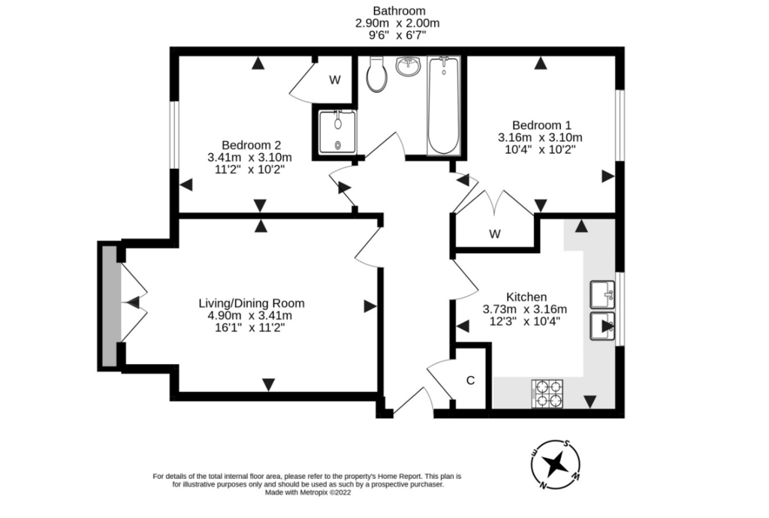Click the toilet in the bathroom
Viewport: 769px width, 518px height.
tap(377, 74)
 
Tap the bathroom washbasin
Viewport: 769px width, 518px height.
tap(408, 67)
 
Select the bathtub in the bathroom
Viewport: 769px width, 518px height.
tap(444, 105)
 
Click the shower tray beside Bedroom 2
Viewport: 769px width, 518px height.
tap(338, 132)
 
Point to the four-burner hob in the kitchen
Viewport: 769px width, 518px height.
tap(547, 393)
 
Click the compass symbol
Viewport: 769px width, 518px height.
tap(556, 464)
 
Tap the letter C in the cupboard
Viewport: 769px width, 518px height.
tap(470, 381)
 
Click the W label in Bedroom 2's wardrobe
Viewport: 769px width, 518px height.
tap(335, 80)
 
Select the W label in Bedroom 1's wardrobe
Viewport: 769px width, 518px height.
tap(495, 233)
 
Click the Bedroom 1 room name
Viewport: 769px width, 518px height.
tap(541, 125)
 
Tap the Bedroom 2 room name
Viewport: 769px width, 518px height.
tap(251, 145)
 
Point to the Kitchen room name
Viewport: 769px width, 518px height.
tap(526, 297)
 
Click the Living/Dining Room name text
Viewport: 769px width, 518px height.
tap(252, 303)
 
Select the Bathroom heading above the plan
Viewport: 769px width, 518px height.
tap(400, 11)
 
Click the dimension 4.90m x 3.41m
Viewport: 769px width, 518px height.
tap(249, 315)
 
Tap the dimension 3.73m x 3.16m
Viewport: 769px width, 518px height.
tap(525, 309)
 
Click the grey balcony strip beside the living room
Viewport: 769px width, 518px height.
tap(110, 306)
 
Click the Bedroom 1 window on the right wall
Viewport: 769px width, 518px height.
tap(620, 125)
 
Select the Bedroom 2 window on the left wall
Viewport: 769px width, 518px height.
tap(174, 135)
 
